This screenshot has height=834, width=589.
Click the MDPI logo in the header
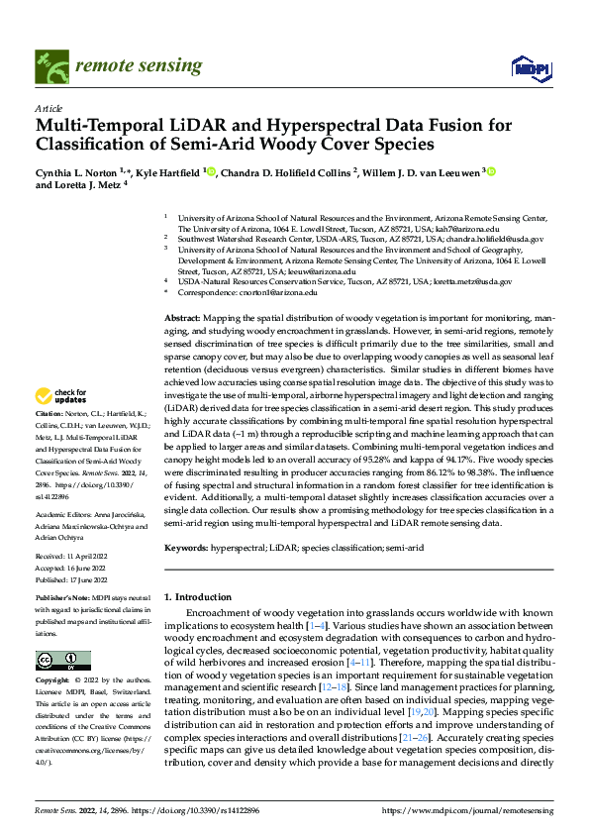click(x=527, y=68)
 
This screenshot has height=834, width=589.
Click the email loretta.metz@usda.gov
click(x=471, y=281)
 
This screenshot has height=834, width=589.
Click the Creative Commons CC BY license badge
click(x=62, y=661)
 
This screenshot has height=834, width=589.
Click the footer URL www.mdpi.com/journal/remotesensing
click(x=468, y=809)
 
